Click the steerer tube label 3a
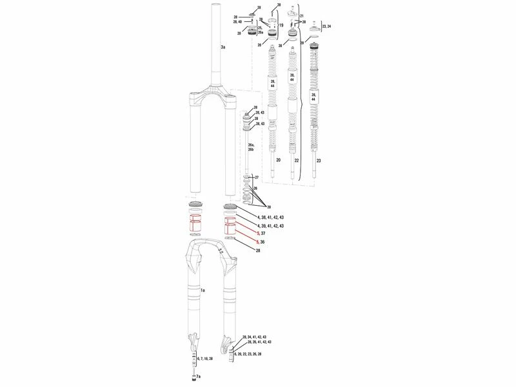(x=223, y=48)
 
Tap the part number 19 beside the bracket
(x=281, y=25)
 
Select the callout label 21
(x=301, y=15)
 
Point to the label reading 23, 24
(x=326, y=26)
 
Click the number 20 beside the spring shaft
(x=278, y=159)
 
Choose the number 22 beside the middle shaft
(x=297, y=159)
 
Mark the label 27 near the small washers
(x=256, y=177)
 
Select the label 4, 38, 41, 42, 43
(x=270, y=217)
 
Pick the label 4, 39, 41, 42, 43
(x=270, y=226)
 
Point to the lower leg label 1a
(x=202, y=292)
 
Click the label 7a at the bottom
(x=198, y=375)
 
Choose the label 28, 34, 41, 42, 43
(x=257, y=337)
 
